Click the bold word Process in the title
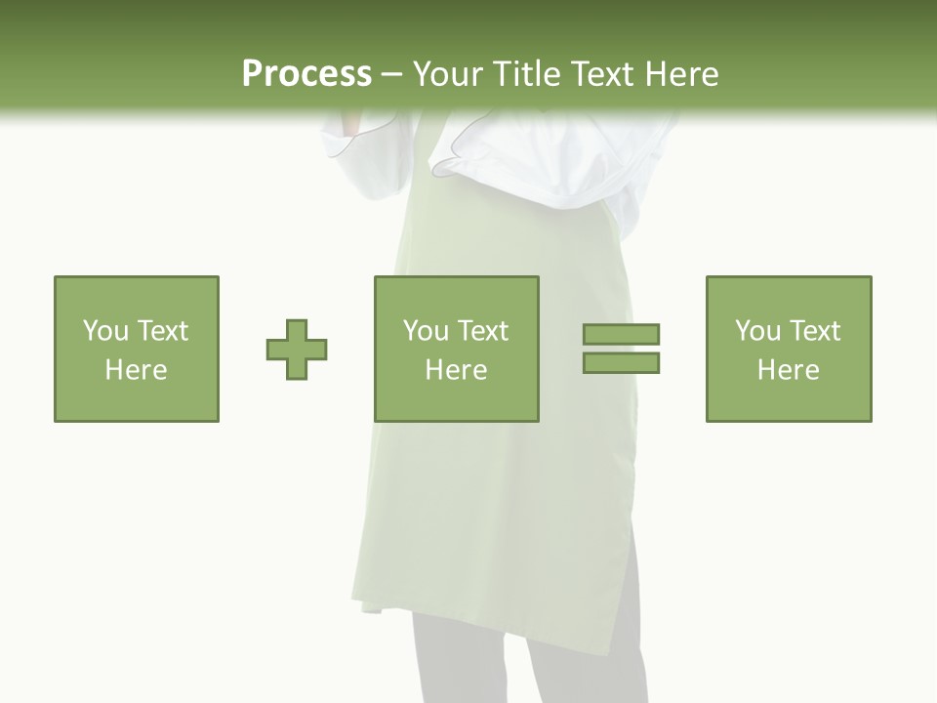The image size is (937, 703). coord(306,74)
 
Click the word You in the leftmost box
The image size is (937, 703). coord(105,331)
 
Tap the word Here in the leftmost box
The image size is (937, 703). coord(136,370)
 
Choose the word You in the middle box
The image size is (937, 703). coord(426,331)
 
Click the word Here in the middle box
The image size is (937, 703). coord(456,370)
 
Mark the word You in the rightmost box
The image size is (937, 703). coord(757,331)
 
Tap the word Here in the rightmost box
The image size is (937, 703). coord(788,370)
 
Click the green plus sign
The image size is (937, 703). coord(297,349)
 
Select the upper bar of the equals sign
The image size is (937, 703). coord(621,334)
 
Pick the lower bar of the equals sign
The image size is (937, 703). coord(621,362)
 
